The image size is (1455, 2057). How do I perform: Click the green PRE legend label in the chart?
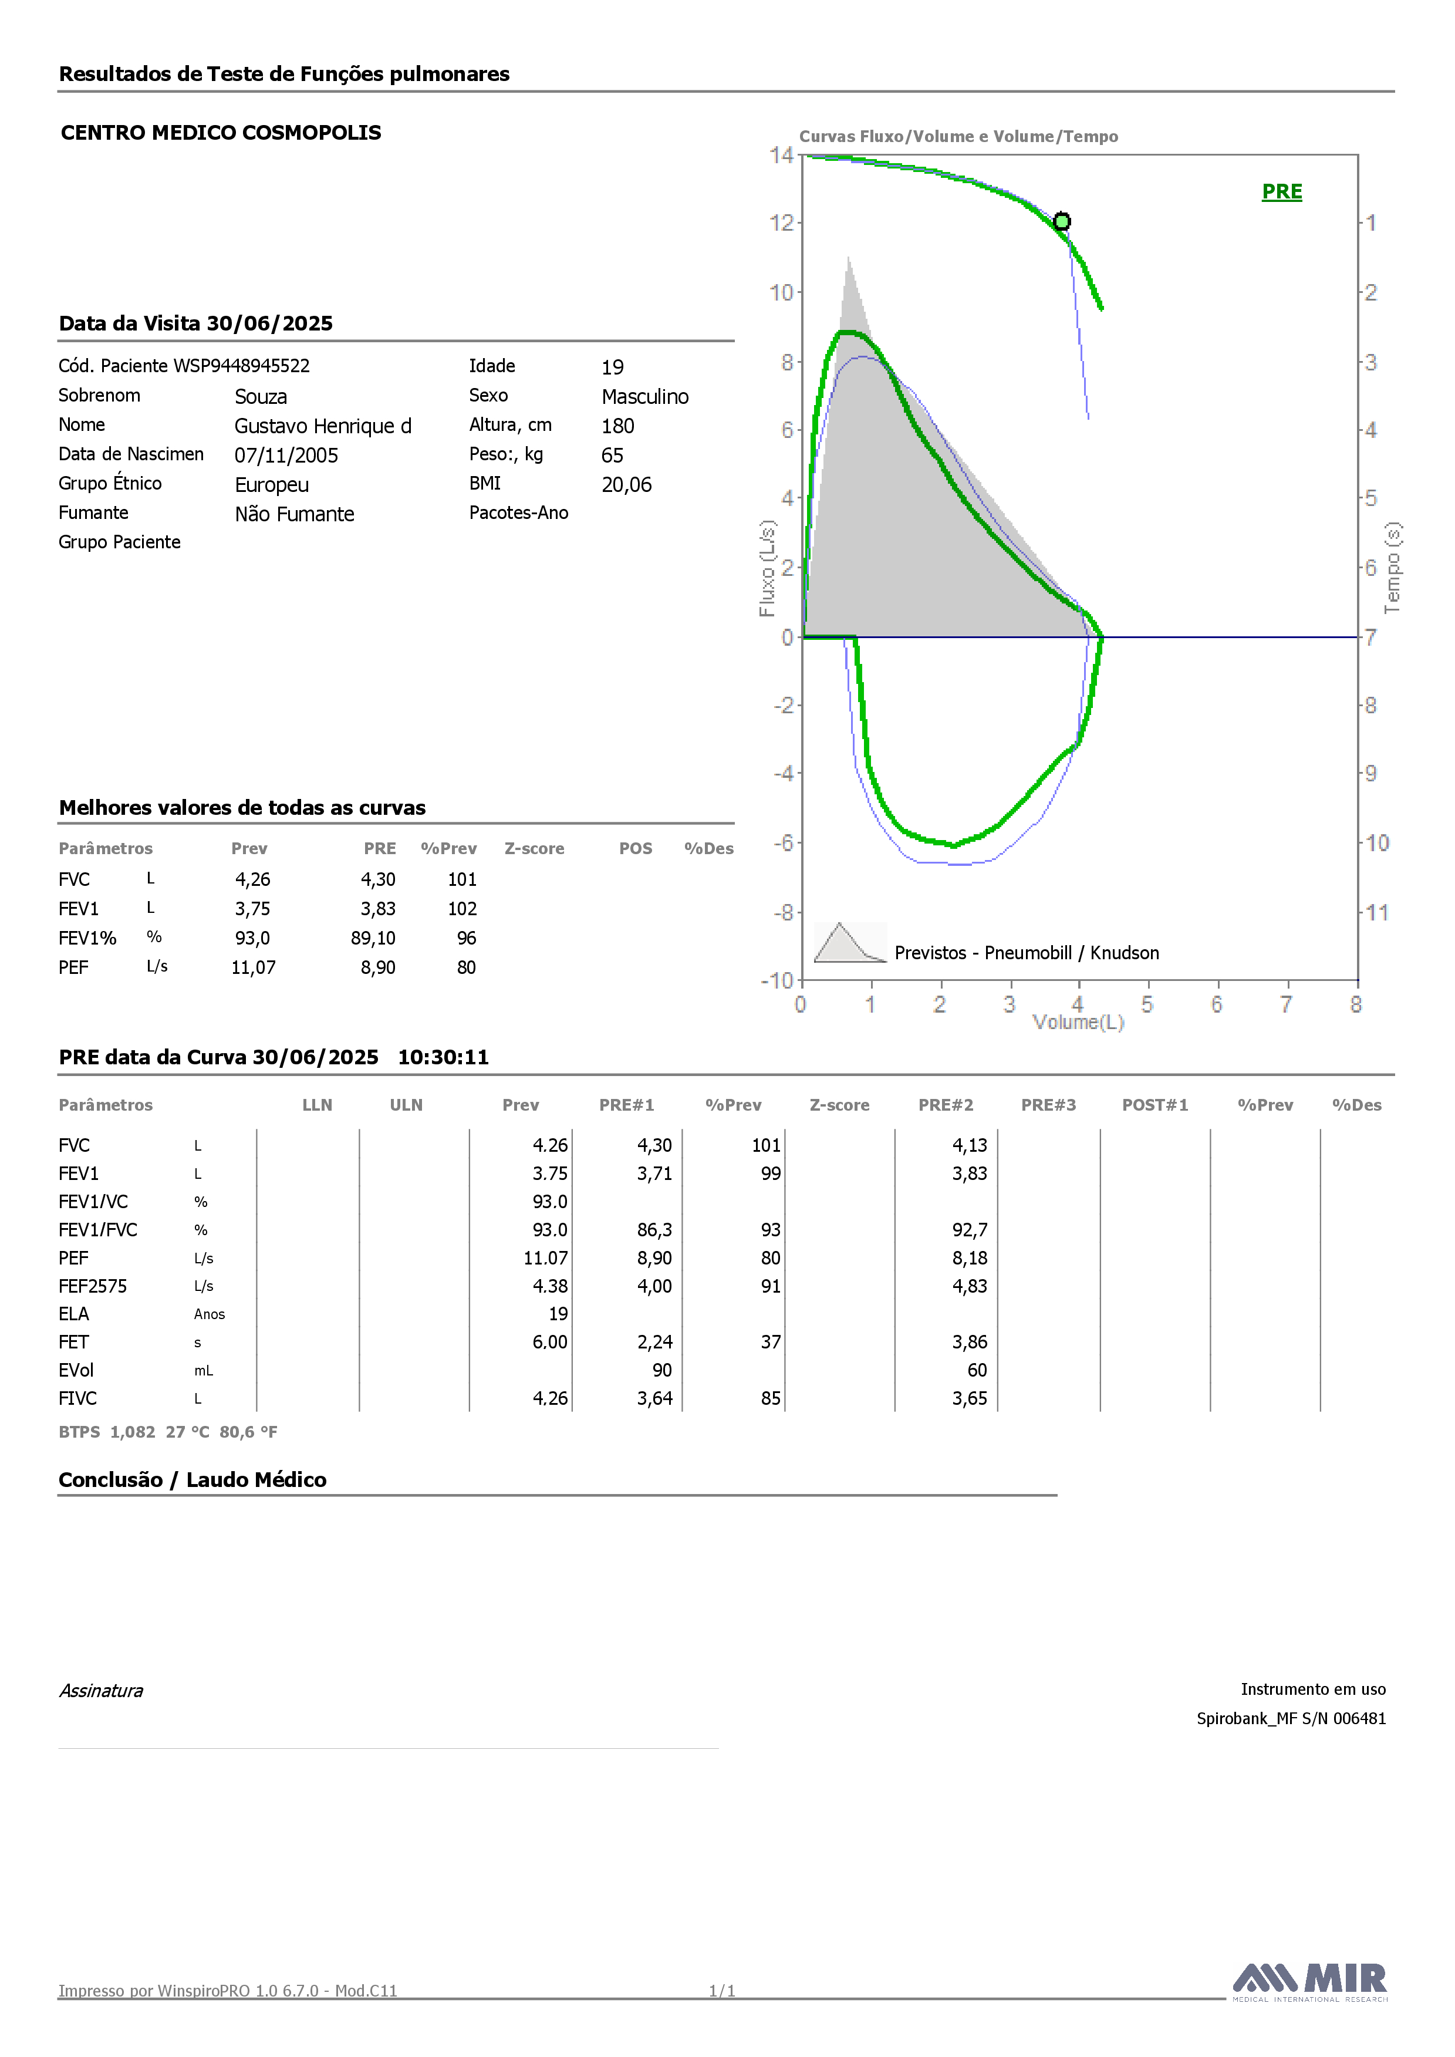pos(1281,192)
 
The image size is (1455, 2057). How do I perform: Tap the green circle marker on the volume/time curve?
pos(1062,221)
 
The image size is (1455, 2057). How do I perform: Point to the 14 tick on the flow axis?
pos(781,155)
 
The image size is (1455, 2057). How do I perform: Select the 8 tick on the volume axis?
pos(1356,1004)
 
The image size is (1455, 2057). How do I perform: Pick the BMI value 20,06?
pos(626,485)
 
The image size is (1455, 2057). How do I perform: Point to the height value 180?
pos(617,426)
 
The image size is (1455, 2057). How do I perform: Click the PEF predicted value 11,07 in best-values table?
pos(254,967)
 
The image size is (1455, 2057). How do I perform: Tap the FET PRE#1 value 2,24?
pos(655,1342)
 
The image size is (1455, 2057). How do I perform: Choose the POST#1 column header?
pos(1155,1105)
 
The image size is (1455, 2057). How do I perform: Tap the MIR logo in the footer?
pos(1310,1982)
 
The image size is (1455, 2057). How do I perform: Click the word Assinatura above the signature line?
pos(101,1691)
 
